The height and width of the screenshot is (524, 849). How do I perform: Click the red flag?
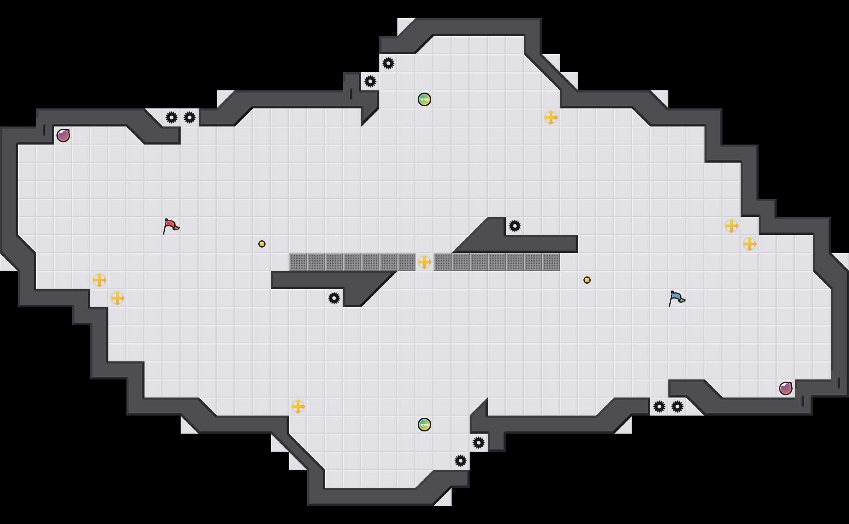[170, 226]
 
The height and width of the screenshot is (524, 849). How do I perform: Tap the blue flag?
[676, 298]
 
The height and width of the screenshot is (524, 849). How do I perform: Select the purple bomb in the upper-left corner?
[63, 136]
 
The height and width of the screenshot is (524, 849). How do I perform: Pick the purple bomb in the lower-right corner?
[786, 388]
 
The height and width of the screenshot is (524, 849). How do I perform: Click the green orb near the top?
[424, 99]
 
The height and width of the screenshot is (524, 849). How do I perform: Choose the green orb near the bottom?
[424, 425]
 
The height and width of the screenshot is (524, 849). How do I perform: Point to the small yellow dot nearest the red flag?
[262, 244]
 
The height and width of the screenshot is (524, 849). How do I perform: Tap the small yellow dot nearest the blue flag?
[587, 280]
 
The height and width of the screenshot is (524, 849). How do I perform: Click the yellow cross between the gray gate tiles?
[424, 262]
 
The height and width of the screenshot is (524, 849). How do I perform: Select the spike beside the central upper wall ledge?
[515, 226]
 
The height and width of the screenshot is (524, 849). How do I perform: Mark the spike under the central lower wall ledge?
[334, 298]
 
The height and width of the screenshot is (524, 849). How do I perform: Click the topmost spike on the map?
[388, 63]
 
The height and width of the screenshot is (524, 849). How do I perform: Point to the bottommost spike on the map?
[461, 461]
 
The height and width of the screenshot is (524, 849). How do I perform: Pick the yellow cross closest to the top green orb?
[551, 117]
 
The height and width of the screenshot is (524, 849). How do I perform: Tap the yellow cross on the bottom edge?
[298, 407]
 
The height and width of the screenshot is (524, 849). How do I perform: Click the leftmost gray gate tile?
[298, 262]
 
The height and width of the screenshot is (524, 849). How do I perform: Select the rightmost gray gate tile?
[551, 262]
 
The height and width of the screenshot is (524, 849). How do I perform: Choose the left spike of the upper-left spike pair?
[172, 117]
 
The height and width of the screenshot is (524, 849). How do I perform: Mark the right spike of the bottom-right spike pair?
[677, 407]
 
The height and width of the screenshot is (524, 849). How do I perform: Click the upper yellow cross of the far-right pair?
[732, 226]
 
